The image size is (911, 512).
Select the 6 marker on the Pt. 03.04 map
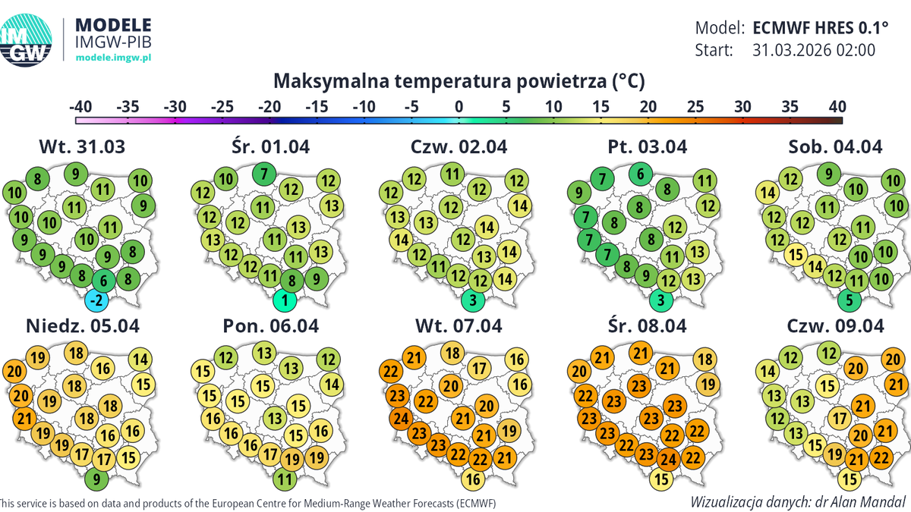coord(641,174)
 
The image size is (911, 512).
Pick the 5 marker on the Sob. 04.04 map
coord(850,301)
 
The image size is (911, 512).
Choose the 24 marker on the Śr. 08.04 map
coord(667,458)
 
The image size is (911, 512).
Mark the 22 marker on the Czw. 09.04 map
coord(881,457)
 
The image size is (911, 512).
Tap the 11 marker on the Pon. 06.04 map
coord(284,479)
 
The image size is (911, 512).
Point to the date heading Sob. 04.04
coord(835,146)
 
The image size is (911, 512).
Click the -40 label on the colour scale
coord(81,106)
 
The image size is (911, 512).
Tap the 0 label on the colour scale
coord(459,106)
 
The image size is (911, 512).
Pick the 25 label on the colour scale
coord(695,106)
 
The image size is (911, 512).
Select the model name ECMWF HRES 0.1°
coord(821,28)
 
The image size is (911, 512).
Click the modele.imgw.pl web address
coord(115,58)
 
